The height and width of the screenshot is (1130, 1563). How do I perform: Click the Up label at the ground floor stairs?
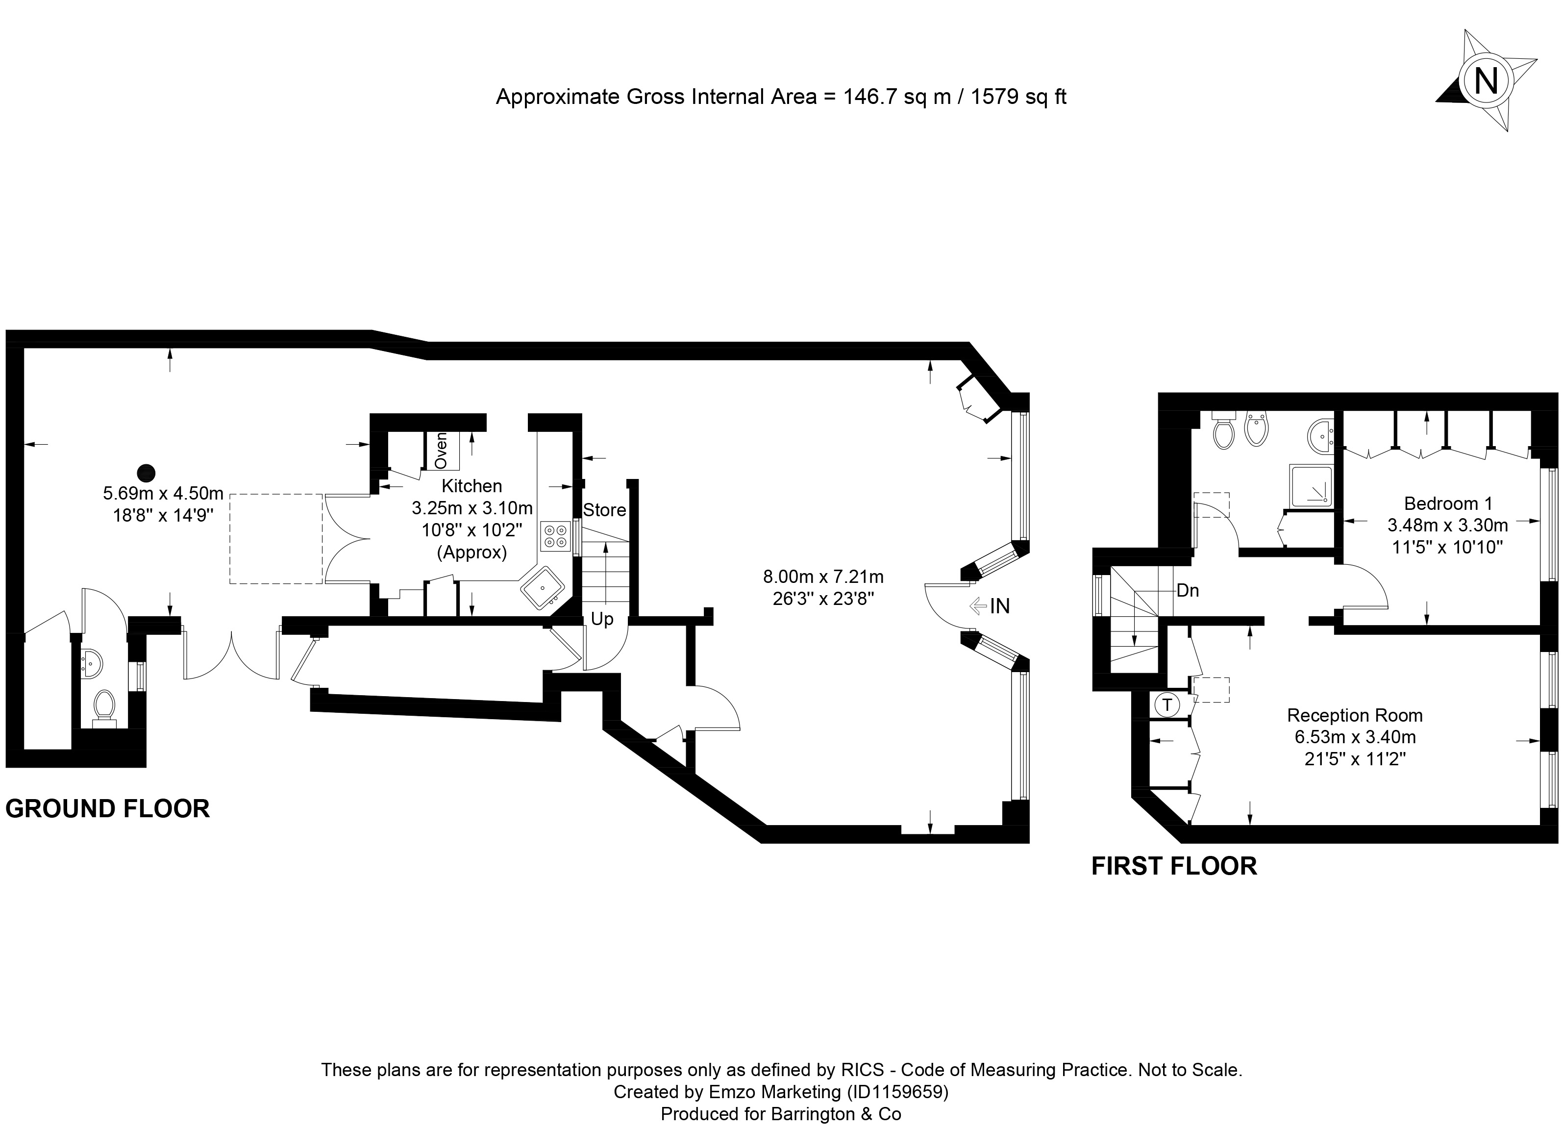(x=602, y=620)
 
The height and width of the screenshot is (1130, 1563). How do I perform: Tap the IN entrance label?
(x=1000, y=606)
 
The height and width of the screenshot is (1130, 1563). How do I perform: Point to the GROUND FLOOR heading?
(x=107, y=808)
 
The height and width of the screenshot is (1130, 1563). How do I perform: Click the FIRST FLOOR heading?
(x=1174, y=866)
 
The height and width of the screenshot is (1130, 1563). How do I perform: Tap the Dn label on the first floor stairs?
(x=1188, y=591)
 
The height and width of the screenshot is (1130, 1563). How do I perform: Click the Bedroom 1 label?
(x=1448, y=503)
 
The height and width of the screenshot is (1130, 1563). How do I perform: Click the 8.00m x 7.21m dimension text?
(x=823, y=577)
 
